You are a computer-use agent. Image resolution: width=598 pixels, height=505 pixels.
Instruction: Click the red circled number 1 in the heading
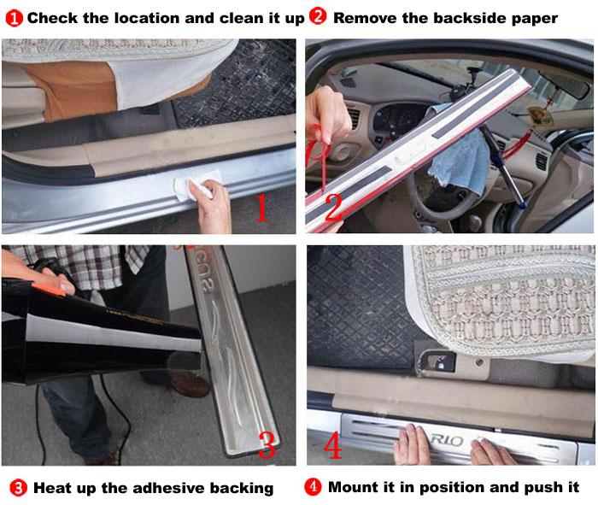(15, 18)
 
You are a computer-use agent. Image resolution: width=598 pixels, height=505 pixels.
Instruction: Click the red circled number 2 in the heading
(318, 16)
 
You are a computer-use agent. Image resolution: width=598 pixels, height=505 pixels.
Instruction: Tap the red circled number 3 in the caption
(18, 488)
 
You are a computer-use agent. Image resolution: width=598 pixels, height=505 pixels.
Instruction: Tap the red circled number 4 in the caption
(314, 487)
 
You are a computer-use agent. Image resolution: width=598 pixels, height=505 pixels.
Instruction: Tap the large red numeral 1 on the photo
(261, 207)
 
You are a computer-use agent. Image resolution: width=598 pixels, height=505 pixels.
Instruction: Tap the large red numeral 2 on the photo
(333, 207)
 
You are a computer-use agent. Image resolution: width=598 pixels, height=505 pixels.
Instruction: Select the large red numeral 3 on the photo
(267, 444)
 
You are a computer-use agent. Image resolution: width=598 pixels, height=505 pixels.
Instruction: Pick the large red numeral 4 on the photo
(333, 444)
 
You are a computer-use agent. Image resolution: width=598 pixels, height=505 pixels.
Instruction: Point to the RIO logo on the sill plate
(447, 441)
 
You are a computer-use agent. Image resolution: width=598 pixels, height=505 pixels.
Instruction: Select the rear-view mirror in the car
(565, 84)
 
